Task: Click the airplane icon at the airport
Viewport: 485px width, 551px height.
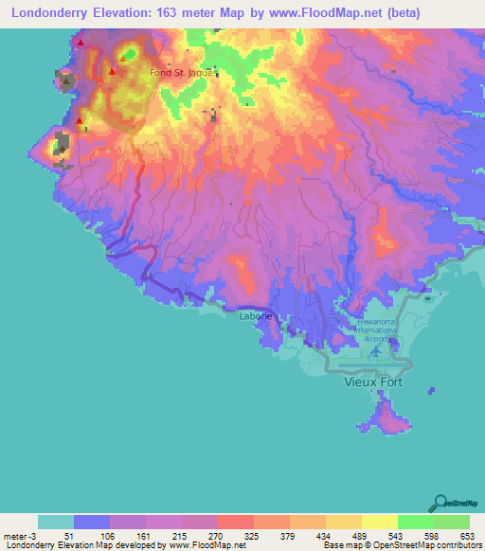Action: (378, 351)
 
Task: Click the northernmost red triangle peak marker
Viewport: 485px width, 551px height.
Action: (81, 43)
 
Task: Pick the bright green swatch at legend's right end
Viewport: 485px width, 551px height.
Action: (451, 522)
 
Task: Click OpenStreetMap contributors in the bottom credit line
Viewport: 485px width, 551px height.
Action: (432, 545)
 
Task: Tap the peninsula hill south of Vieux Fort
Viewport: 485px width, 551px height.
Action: (387, 415)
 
